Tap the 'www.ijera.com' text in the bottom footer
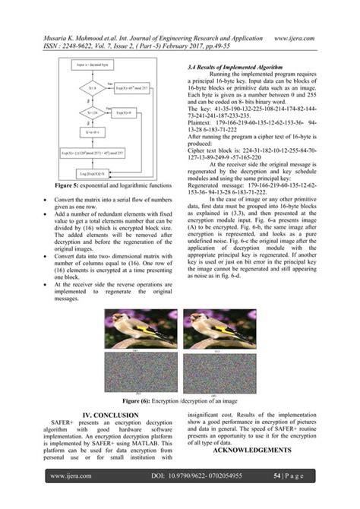(x=71, y=476)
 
